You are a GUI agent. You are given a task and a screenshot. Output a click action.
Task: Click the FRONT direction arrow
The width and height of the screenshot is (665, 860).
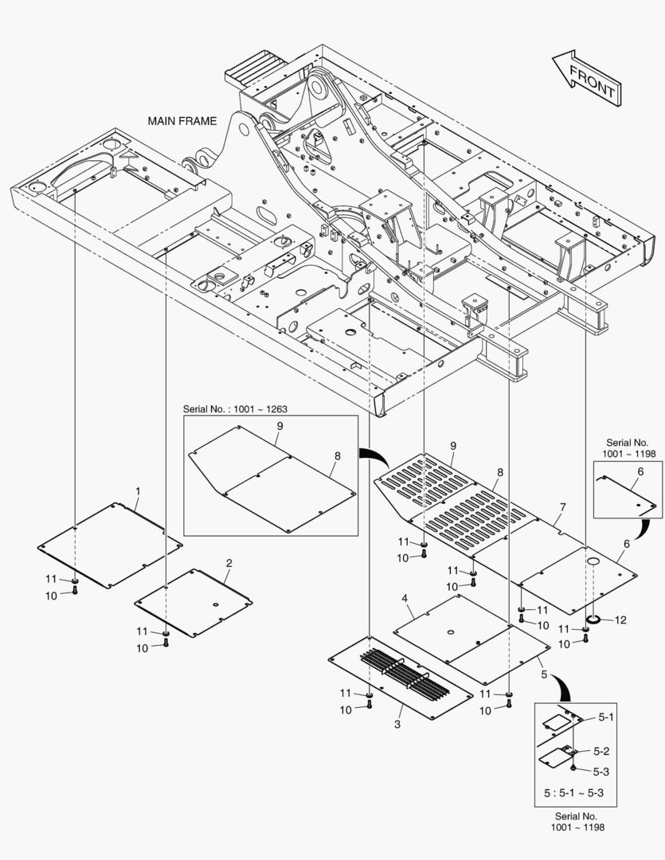586,77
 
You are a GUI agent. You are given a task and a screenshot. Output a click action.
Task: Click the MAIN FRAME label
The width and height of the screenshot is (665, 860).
182,121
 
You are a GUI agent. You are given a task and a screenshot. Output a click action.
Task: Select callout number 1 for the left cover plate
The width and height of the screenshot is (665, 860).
138,491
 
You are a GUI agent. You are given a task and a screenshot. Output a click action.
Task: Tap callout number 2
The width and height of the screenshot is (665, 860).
229,563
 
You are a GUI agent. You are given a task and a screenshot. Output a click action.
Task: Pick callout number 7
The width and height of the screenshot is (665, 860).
562,506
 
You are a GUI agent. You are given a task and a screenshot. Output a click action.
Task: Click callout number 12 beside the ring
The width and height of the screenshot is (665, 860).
620,619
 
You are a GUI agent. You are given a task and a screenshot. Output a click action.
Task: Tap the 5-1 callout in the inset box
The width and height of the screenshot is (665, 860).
606,717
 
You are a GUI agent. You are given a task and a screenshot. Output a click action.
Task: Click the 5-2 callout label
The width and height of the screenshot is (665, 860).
601,751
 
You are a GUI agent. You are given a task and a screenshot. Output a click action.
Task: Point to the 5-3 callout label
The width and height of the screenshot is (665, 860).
601,770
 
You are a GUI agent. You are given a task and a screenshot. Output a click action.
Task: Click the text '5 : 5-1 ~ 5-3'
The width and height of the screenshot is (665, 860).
573,793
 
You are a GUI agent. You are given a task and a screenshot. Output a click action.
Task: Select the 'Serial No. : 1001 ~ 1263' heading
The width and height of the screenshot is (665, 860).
235,409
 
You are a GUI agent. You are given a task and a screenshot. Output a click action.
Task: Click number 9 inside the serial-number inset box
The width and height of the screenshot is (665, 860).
280,427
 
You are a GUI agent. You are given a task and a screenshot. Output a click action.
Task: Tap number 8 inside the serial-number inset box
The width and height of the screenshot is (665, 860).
337,456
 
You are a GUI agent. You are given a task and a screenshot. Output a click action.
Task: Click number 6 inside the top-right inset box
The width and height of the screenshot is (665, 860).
638,472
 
